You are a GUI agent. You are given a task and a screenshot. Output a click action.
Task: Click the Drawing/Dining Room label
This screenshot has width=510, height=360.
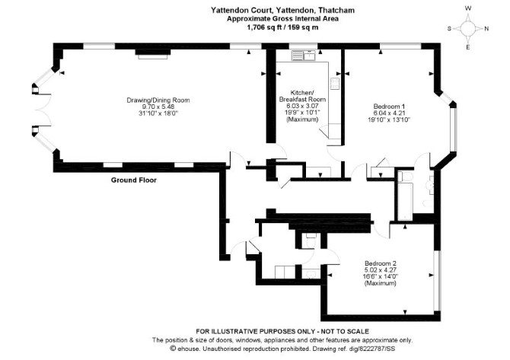coord(158,100)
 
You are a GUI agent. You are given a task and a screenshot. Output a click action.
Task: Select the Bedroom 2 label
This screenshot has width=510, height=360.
coord(381,263)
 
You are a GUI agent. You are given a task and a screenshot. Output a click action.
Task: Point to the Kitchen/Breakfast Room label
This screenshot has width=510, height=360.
coord(302,96)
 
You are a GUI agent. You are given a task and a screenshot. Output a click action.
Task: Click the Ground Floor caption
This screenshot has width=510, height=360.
coord(134,180)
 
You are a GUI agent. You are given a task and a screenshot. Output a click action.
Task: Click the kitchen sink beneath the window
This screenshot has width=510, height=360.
coord(304,56)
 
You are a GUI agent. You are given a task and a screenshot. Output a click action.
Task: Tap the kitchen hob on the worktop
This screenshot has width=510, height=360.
coord(335,84)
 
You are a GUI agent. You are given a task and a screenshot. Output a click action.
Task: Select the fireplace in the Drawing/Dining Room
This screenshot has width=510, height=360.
coord(153,54)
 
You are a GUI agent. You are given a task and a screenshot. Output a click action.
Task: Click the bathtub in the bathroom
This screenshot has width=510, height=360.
coord(405,201)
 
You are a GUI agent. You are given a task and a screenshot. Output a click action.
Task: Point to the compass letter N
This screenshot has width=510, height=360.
coord(486,29)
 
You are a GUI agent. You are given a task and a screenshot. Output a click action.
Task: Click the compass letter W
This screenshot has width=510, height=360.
coord(468,9)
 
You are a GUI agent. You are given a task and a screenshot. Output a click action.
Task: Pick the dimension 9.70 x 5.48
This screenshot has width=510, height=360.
coord(158,107)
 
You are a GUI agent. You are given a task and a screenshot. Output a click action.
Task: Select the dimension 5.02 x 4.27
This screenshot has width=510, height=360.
coord(381,270)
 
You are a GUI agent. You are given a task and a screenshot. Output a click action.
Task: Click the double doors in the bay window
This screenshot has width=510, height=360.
coord(43,110)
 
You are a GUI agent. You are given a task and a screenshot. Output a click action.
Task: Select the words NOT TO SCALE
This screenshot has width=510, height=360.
coord(345,332)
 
